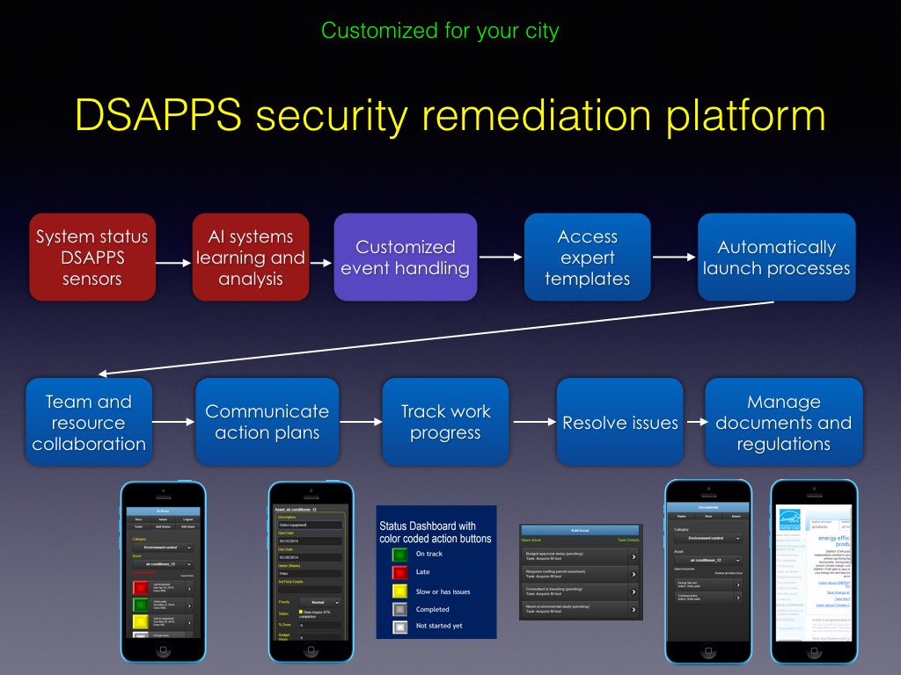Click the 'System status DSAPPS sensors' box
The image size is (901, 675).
(92, 258)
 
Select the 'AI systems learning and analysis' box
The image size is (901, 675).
(251, 258)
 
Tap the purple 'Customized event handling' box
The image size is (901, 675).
(405, 258)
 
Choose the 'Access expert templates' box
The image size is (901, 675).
(587, 258)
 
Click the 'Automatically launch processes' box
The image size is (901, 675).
(776, 258)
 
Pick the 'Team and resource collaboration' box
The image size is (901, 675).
(89, 422)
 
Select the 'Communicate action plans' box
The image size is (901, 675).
(267, 422)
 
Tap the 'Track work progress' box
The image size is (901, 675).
(445, 422)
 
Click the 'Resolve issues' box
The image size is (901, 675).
(619, 422)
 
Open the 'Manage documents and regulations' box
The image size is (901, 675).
(783, 422)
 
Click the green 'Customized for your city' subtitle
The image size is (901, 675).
(440, 31)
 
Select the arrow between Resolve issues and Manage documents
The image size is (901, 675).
(695, 422)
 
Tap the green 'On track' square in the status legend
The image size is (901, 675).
(399, 554)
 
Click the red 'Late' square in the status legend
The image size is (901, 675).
(399, 572)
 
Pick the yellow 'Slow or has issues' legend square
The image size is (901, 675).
(399, 591)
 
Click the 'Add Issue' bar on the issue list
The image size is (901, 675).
(581, 530)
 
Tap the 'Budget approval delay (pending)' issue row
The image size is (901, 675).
(581, 556)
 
